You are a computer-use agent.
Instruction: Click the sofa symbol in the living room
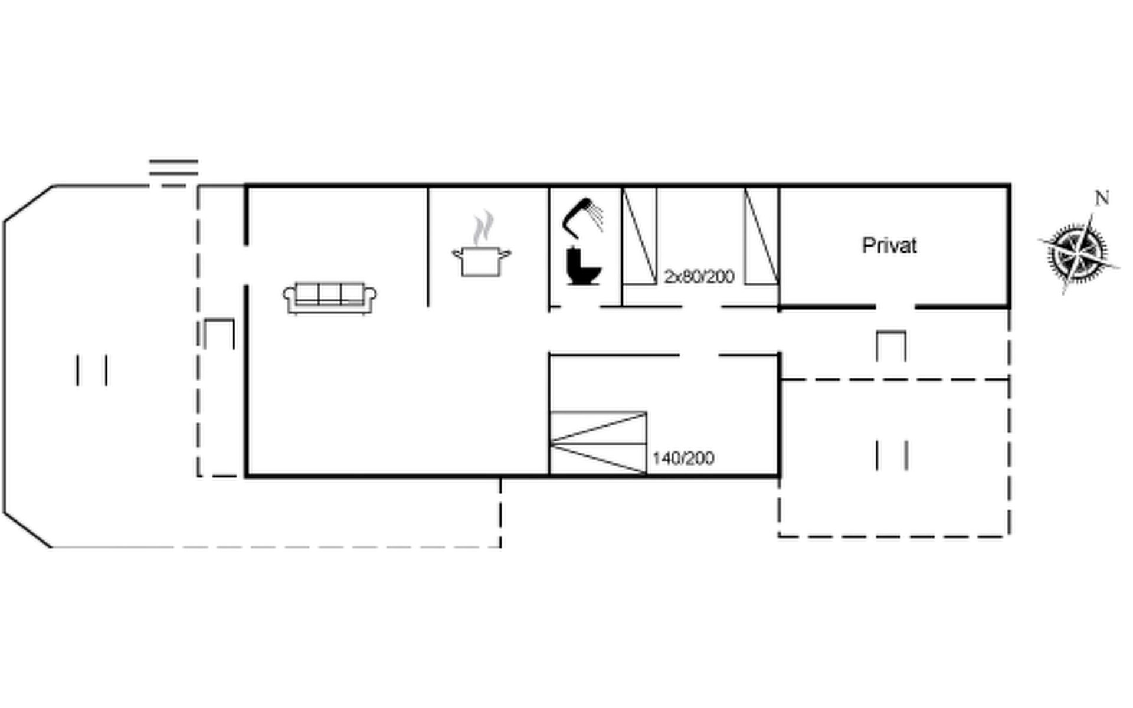click(x=330, y=298)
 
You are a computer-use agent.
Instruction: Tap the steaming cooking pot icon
click(x=482, y=244)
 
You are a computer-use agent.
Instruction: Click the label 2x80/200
click(x=699, y=276)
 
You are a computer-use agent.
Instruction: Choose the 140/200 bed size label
click(x=683, y=458)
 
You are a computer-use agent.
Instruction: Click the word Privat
click(x=889, y=245)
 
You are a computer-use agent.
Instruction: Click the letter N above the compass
click(x=1102, y=198)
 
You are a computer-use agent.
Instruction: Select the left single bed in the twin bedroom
click(x=640, y=236)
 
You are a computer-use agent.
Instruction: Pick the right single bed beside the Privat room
click(x=761, y=236)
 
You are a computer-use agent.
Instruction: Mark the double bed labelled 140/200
click(x=598, y=443)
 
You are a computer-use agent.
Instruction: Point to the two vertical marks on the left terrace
click(x=91, y=370)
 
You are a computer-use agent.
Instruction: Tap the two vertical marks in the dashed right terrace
click(x=892, y=455)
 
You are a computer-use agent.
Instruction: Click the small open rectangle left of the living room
click(x=219, y=334)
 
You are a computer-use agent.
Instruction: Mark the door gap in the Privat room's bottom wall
click(x=895, y=307)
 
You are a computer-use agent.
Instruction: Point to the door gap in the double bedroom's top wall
click(x=699, y=355)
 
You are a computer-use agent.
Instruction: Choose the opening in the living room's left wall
click(x=246, y=265)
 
